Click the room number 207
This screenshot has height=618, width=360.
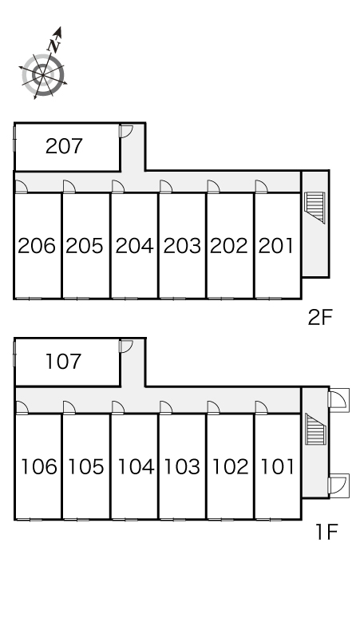[64, 146]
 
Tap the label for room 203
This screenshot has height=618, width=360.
[182, 246]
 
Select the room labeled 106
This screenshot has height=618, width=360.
[38, 466]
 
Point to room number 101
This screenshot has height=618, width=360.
[278, 466]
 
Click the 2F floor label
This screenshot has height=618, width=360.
[320, 317]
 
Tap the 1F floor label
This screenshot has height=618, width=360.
[326, 532]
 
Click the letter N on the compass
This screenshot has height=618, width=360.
[54, 46]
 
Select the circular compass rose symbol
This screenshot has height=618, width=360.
[42, 75]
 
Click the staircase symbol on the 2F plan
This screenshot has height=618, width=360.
[315, 208]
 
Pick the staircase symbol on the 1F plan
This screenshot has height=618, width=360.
[316, 429]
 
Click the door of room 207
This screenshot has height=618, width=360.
[126, 131]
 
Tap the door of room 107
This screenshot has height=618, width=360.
[126, 346]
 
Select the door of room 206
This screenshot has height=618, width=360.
[22, 186]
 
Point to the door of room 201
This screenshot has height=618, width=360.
[262, 186]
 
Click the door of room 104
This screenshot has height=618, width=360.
[118, 407]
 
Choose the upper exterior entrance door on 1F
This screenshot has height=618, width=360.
[338, 400]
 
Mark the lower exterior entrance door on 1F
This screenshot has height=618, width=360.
[338, 484]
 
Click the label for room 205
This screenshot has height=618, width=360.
[85, 246]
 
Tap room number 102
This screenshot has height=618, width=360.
[231, 466]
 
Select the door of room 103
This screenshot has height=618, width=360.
[166, 407]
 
